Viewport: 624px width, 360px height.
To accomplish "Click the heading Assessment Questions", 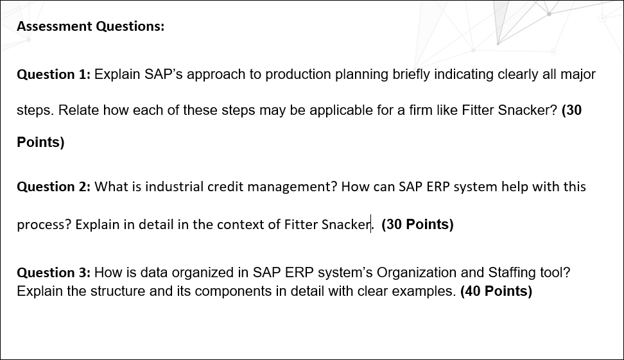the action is coord(91,26).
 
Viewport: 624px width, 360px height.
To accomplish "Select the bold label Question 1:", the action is coord(54,74).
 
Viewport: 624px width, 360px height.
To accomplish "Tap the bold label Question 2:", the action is coord(54,187).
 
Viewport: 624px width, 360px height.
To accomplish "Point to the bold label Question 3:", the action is coord(54,273).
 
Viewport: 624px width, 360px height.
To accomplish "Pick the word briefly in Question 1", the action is coord(411,75).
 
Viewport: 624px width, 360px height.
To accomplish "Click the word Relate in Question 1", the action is coord(78,110).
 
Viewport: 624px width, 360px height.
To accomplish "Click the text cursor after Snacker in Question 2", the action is coord(371,224).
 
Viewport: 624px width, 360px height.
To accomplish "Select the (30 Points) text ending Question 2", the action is coord(417,225).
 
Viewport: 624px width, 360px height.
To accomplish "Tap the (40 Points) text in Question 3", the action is coord(496,291).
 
